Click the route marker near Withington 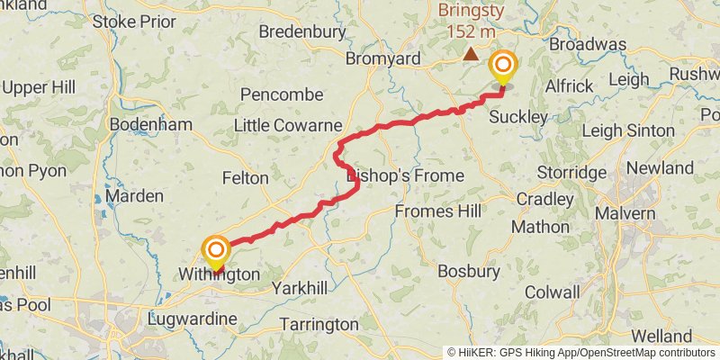[216, 249]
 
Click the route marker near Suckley [502, 67]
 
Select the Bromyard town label [383, 59]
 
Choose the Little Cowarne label [288, 125]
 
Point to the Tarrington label [319, 324]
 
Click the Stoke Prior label [133, 20]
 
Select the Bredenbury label [302, 31]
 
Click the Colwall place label [552, 292]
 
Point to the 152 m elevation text [470, 31]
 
